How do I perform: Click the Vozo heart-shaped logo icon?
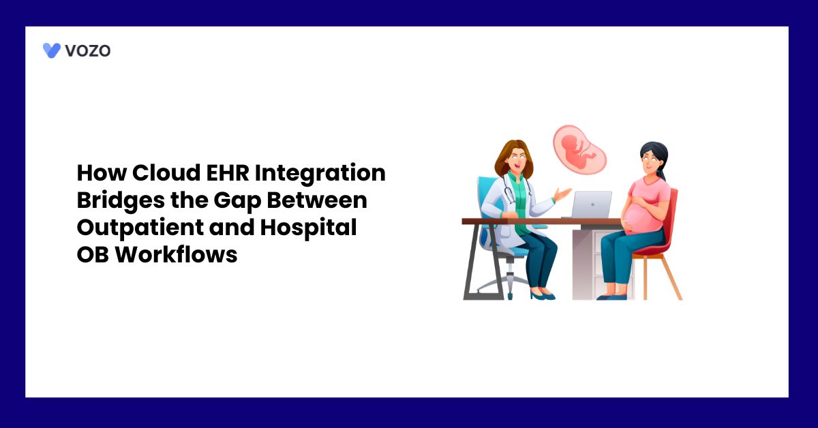(x=52, y=50)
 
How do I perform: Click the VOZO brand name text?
(x=87, y=50)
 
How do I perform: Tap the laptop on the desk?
(x=590, y=204)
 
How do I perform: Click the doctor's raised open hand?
(x=562, y=195)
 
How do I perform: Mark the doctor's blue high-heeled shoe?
(x=543, y=295)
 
